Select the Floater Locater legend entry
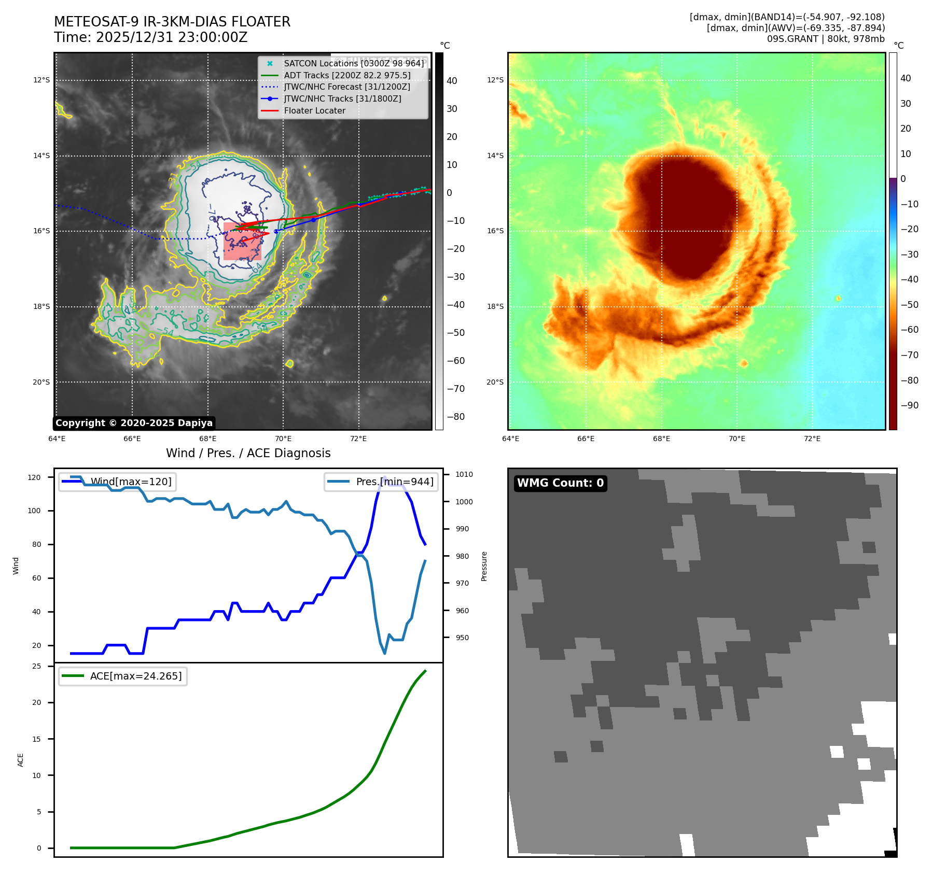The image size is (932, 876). coord(314,110)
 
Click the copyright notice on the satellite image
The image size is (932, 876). coord(134,423)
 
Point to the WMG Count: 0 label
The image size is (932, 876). coord(560,483)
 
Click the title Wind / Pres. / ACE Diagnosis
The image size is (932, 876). coord(248,453)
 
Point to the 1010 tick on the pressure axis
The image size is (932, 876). coord(464,474)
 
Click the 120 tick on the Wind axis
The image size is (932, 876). coord(34,477)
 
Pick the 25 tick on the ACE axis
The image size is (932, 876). coord(37,666)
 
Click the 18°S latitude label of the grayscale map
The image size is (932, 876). coord(41,306)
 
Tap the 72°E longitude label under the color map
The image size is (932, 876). coord(812,439)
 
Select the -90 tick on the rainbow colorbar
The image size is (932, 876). coord(909,405)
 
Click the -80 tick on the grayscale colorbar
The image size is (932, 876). coord(456,417)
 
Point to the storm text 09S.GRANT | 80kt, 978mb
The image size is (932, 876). coord(826,39)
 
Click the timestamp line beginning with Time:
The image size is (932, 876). coord(150,38)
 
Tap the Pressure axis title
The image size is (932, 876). coord(484,566)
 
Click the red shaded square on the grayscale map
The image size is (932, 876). coord(242,242)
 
